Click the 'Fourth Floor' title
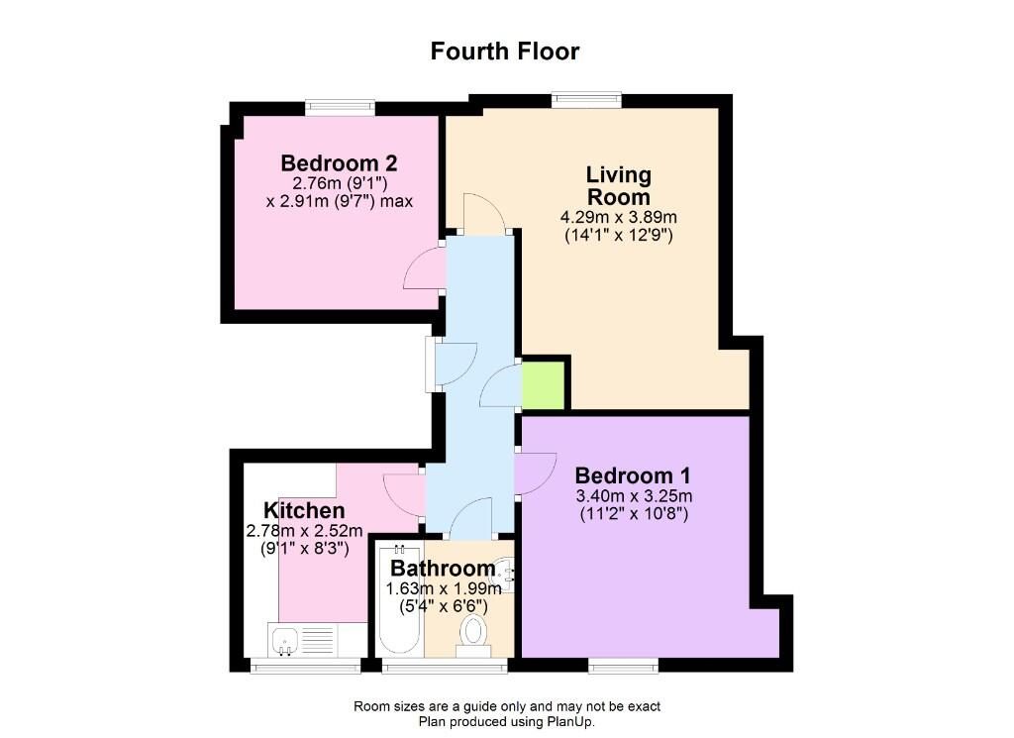pos(505,51)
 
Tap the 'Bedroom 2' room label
pos(340,163)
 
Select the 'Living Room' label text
pos(619,185)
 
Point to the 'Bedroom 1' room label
pos(634,474)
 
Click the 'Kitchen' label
pos(304,511)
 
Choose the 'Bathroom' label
pos(442,569)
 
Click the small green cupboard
pos(543,384)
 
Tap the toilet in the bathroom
pos(474,631)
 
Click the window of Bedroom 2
pos(340,107)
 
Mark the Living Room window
pos(586,99)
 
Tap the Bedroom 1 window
pos(623,666)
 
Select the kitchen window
pos(305,667)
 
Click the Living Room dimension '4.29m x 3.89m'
pos(619,218)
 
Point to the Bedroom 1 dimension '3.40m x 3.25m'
pos(634,496)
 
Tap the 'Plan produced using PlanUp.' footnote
pos(507,722)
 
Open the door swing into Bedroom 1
pos(536,472)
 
